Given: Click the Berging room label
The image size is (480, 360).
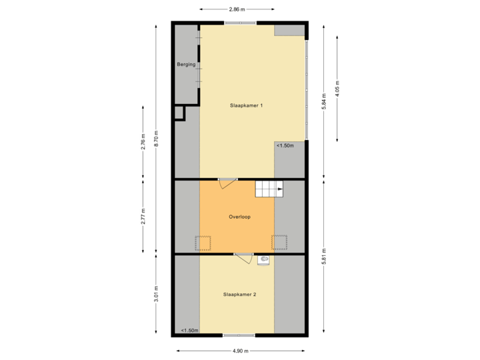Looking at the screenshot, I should [x=186, y=65].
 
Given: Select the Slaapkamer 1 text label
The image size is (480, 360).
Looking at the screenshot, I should [x=247, y=105].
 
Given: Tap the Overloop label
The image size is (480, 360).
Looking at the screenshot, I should [x=239, y=217].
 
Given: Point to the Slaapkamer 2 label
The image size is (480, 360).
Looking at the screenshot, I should [x=240, y=294].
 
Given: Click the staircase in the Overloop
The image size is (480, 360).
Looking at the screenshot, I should [x=269, y=189].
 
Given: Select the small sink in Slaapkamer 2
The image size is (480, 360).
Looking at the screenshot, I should [x=265, y=259].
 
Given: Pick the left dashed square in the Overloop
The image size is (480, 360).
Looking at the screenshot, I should [x=203, y=243].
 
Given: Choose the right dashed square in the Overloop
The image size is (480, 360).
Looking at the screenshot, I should [x=280, y=243].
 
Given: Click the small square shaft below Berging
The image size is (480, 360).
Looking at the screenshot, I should [x=179, y=113].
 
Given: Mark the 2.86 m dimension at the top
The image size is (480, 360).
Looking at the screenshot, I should [x=237, y=10].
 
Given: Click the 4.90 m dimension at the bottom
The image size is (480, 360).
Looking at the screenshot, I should [x=240, y=351].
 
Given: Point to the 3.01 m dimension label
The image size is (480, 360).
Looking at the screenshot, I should [x=156, y=294].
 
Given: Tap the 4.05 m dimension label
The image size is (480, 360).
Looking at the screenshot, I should [x=337, y=89].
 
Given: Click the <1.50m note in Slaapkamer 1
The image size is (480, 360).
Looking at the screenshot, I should [x=285, y=145].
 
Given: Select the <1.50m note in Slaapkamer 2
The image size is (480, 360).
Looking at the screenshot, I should [x=190, y=330].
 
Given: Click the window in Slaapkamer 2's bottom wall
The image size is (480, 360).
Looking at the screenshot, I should [x=239, y=335].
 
